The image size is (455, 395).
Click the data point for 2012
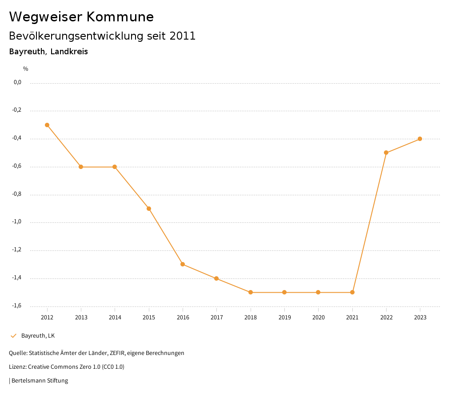point(47,125)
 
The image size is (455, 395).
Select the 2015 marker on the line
point(149,209)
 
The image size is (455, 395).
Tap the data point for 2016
point(183,264)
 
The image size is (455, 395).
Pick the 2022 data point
point(386,153)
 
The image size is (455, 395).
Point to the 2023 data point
point(420,139)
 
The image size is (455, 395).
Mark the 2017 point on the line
point(216,278)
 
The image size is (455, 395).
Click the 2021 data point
point(352,292)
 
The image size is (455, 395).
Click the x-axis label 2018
point(251,317)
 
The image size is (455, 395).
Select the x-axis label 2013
point(81,317)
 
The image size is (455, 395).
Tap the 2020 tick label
point(318,317)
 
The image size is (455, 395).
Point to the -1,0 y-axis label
point(17,222)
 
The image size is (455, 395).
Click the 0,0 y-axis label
point(17,82)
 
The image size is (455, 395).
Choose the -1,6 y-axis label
point(17,306)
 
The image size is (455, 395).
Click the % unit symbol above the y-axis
point(26,69)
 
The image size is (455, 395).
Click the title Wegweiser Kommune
point(81,17)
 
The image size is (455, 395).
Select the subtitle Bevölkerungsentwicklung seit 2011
point(102,36)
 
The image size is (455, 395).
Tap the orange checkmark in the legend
point(13,336)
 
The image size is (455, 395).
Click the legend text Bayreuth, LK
point(38,336)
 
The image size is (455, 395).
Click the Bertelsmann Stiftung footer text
point(40,381)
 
